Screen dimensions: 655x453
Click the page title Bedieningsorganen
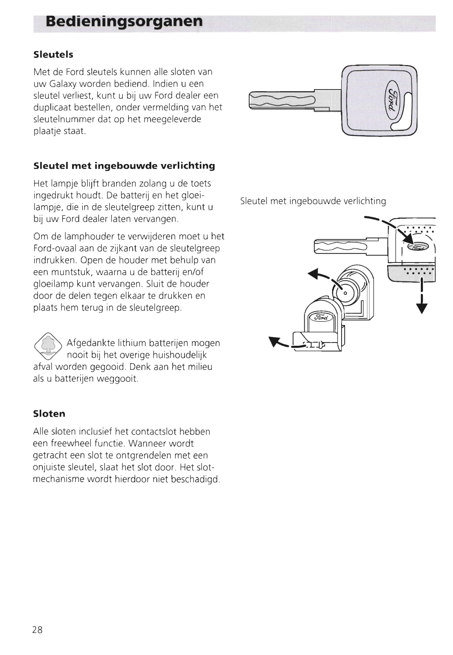tap(124, 21)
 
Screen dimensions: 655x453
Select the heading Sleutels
tap(53, 55)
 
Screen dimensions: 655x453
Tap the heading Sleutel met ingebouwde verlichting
tap(124, 166)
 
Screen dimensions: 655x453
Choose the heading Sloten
tap(49, 414)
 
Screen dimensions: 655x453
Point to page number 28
tap(37, 630)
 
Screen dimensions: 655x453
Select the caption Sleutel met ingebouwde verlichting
tap(313, 201)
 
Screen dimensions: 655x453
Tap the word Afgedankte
tap(91, 343)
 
